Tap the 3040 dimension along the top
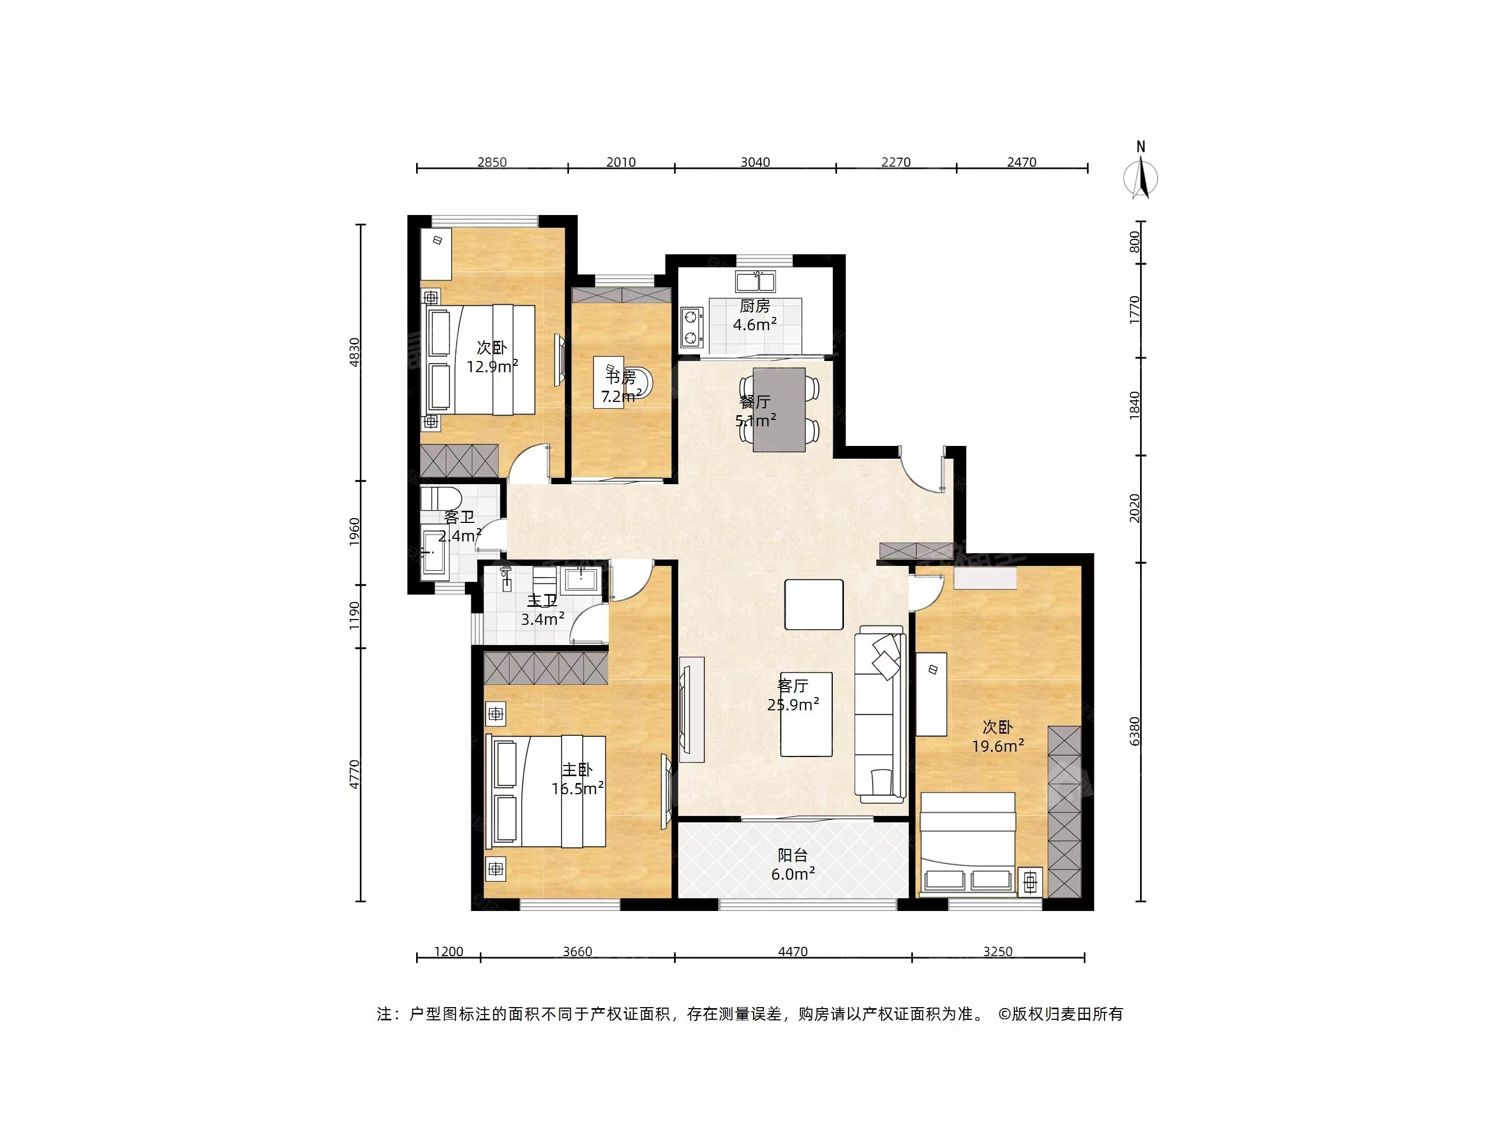755,162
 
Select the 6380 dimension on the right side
1135,731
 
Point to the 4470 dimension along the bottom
792,951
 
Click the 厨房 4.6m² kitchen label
755,315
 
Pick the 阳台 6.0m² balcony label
792,865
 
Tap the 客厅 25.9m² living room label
792,695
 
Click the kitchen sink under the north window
755,281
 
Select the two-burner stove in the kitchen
691,328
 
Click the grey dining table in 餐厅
779,410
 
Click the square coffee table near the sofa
814,604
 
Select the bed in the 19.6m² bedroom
968,841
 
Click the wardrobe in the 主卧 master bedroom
546,668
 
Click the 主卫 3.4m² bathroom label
543,609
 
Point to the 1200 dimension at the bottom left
448,951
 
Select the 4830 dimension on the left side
354,353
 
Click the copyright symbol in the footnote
1004,1014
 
